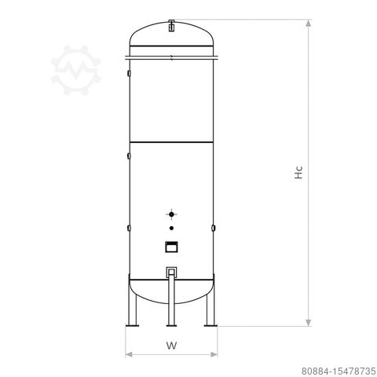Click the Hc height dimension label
coord(299,173)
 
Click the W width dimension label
coord(171,345)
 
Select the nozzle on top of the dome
coord(170,25)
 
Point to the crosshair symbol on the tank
coord(171,213)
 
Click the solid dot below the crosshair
coord(171,228)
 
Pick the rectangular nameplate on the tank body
coord(171,247)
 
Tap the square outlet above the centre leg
coord(171,272)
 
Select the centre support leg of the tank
coord(171,310)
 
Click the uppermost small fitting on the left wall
coord(127,75)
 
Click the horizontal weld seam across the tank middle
coord(171,141)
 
